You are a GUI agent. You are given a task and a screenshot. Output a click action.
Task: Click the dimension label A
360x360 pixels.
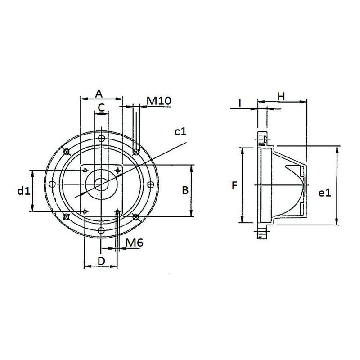(x=100, y=93)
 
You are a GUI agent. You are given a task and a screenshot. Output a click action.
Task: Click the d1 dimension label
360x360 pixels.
(x=23, y=191)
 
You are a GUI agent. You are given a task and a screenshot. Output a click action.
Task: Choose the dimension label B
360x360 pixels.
(x=184, y=191)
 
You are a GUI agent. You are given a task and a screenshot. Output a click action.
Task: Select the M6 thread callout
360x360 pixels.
(x=134, y=243)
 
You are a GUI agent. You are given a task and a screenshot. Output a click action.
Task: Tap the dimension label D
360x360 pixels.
(x=101, y=261)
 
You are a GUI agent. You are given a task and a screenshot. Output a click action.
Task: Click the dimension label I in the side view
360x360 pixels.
(x=240, y=103)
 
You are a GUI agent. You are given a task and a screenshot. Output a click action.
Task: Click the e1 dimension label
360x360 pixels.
(x=324, y=193)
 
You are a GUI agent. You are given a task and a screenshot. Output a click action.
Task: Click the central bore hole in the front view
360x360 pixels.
(x=101, y=184)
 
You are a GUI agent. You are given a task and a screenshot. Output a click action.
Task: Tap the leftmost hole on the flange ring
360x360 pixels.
(x=52, y=184)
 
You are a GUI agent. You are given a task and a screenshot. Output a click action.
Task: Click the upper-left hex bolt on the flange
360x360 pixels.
(x=67, y=151)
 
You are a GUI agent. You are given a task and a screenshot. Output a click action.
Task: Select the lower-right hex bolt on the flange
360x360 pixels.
(x=136, y=217)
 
